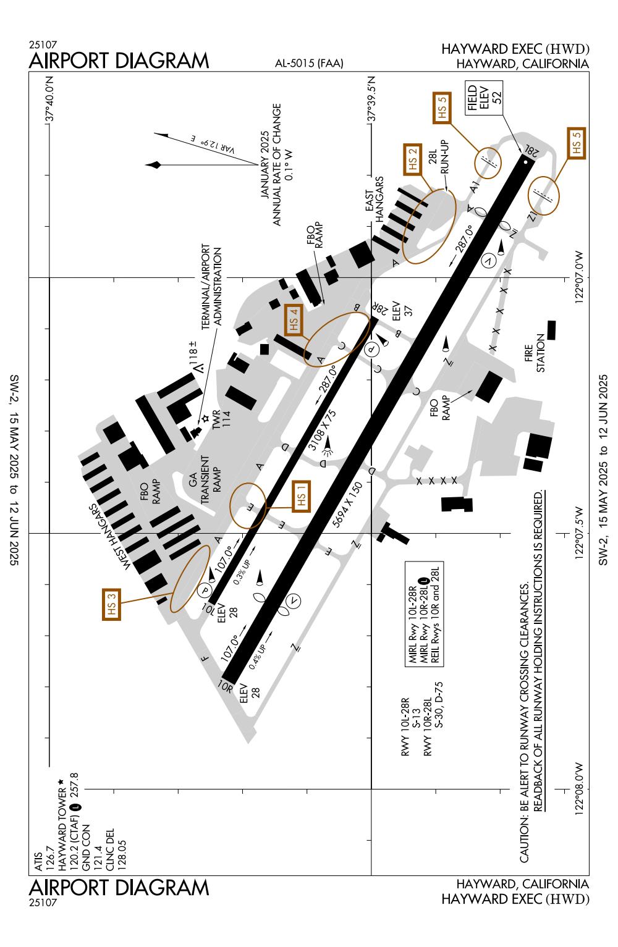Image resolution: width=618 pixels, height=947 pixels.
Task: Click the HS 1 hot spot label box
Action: [x=301, y=496]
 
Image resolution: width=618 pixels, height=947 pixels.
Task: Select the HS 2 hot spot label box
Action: [x=413, y=159]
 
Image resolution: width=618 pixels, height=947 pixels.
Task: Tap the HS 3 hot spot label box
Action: [x=111, y=604]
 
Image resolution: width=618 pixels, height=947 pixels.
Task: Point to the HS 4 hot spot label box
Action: [x=294, y=319]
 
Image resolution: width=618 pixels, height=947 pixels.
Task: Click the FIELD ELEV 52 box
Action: [x=484, y=98]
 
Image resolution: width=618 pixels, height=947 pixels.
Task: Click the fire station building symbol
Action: [x=551, y=330]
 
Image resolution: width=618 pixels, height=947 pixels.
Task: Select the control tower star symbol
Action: [x=206, y=419]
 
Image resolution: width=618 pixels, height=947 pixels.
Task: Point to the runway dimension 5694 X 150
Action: [x=347, y=504]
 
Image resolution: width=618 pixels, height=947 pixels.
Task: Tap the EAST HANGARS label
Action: [x=375, y=200]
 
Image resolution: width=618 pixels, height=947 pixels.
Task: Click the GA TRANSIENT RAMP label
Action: [x=205, y=479]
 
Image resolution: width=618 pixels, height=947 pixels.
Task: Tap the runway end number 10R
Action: [x=225, y=686]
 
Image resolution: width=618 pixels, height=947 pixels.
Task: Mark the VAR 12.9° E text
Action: [x=213, y=145]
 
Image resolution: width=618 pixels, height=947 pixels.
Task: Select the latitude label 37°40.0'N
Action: [x=50, y=98]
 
